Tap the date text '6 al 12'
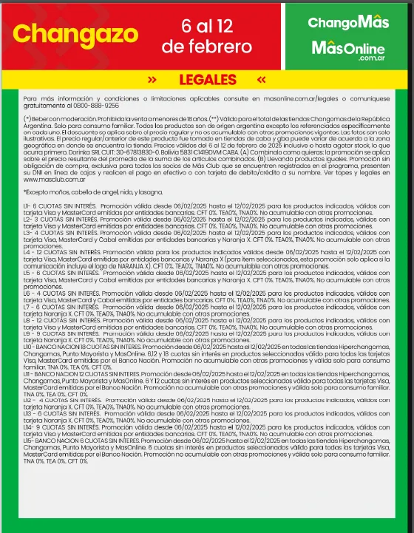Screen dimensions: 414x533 point(207,26)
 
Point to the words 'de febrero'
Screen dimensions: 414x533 point(207,47)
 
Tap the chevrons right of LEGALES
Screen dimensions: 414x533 point(261,79)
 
